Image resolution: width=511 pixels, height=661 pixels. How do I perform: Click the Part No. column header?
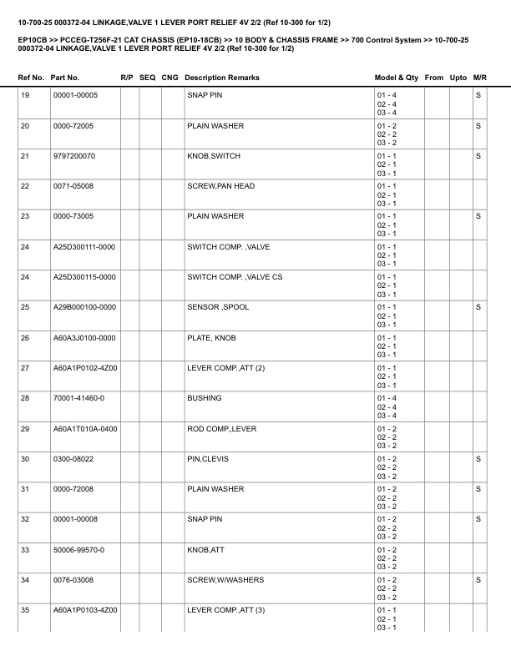tap(65, 78)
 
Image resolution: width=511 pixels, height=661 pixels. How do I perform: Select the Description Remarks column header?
tap(222, 78)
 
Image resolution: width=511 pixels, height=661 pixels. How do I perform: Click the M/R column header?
tap(479, 78)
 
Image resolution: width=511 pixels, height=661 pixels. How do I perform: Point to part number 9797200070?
tap(74, 156)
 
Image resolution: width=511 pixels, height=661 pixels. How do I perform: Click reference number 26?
tap(25, 337)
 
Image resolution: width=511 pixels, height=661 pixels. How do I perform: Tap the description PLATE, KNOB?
tap(210, 337)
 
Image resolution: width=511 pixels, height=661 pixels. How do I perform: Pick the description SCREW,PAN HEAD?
tap(220, 186)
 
